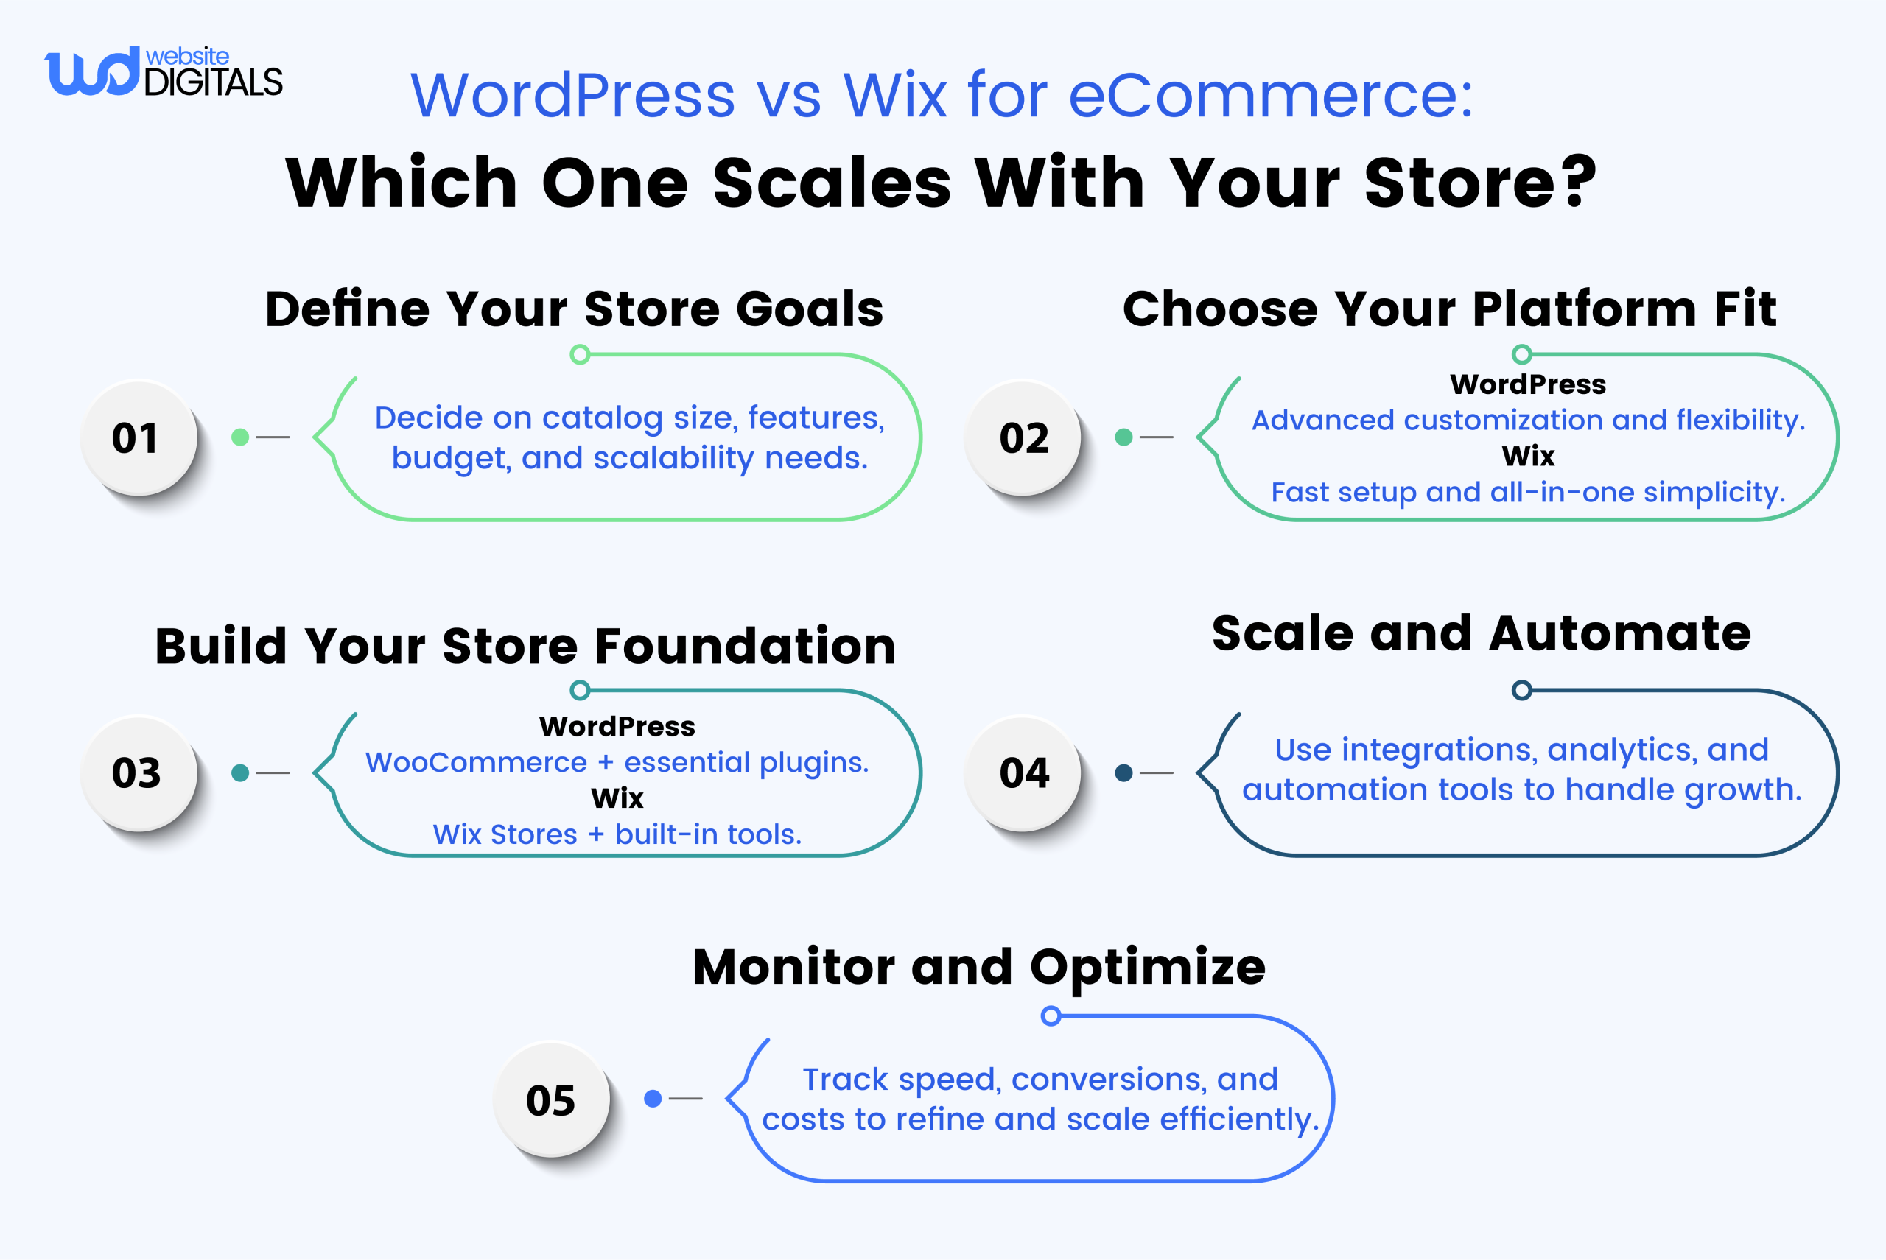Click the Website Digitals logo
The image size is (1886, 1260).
pos(164,72)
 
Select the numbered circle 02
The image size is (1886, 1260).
pos(1023,438)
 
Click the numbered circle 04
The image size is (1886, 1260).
pos(1023,773)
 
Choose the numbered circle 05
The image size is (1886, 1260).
pos(550,1100)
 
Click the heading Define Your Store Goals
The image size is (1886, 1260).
pos(574,309)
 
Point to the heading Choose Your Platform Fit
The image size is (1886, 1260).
pos(1448,309)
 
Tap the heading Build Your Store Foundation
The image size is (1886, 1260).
pos(525,646)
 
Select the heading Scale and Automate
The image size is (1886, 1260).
pos(1481,634)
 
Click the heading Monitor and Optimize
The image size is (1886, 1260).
pos(978,967)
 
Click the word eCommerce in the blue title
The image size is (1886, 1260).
pos(1270,96)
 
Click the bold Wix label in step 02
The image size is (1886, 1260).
pos(1527,457)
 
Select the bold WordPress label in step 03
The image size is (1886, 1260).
pos(617,726)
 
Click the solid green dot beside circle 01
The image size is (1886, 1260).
pos(239,437)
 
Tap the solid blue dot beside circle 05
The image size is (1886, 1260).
pos(653,1099)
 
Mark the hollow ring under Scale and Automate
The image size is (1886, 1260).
pos(1521,690)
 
